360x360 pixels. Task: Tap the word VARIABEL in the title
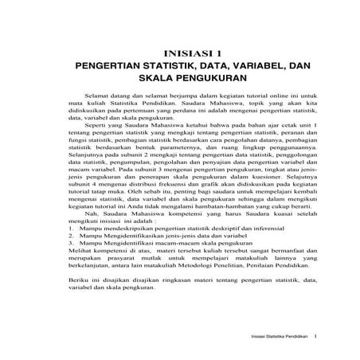(250, 67)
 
